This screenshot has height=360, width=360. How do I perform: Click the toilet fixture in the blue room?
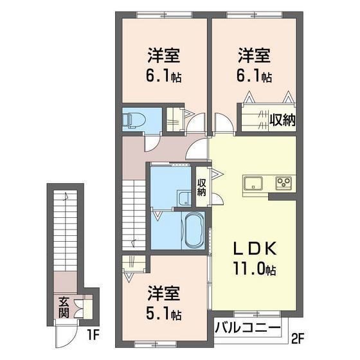click(x=133, y=118)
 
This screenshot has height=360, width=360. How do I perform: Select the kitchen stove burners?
click(x=283, y=183)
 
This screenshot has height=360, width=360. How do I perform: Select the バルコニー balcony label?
click(x=248, y=327)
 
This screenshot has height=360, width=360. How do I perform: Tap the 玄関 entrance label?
click(x=64, y=307)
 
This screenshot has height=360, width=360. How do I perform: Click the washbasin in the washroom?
click(x=184, y=198)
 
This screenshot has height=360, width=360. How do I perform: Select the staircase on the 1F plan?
click(x=66, y=231)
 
